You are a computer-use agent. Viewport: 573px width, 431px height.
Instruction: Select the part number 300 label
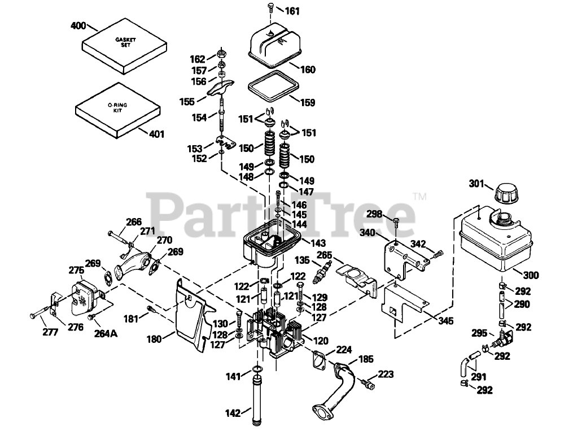coord(531,276)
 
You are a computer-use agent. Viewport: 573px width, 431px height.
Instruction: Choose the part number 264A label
coord(105,334)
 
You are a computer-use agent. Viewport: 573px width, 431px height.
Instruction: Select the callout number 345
coord(445,321)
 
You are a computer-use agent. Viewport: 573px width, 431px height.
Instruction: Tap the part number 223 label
coord(386,373)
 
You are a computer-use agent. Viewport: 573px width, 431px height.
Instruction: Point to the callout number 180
coord(154,339)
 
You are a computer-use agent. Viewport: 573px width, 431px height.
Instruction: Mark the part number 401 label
coord(157,134)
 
